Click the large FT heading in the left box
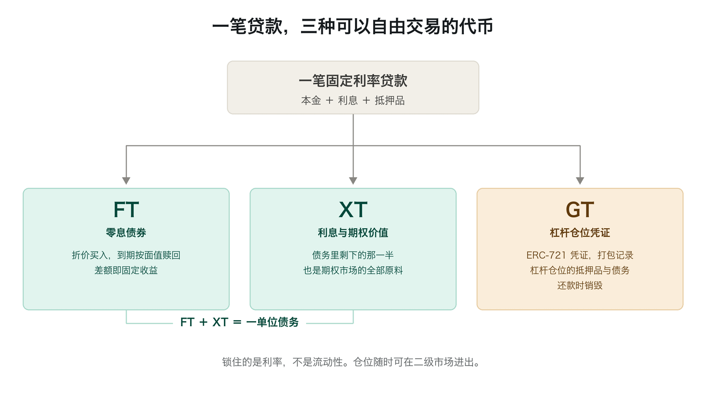tap(126, 210)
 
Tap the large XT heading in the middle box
tap(353, 210)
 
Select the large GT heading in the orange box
tap(580, 210)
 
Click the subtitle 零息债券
tap(126, 233)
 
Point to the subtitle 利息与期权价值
tap(353, 233)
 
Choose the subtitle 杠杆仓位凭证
tap(580, 233)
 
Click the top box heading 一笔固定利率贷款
tap(353, 80)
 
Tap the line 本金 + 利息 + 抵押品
tap(353, 100)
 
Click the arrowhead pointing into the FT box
tap(126, 181)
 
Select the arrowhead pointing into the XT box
tap(353, 181)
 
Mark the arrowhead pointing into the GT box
tap(580, 181)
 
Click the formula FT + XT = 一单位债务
tap(240, 322)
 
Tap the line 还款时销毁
tap(580, 285)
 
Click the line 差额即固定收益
tap(126, 270)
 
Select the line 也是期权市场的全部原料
tap(353, 270)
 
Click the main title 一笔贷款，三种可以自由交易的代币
tap(353, 26)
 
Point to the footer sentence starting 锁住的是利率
tap(351, 362)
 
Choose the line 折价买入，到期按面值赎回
tap(126, 255)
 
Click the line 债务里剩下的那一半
tap(353, 255)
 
